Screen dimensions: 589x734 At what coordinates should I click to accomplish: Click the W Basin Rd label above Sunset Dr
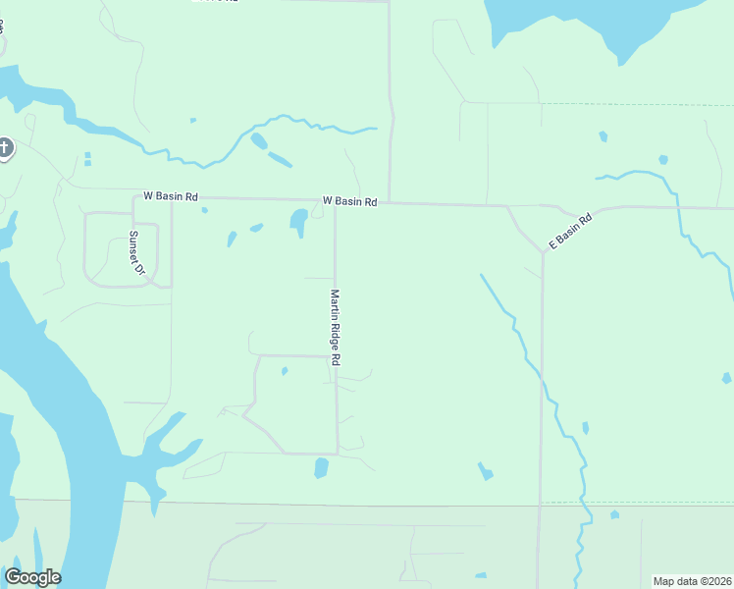[x=170, y=196]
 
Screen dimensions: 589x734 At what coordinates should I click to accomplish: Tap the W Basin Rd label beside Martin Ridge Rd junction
[x=349, y=201]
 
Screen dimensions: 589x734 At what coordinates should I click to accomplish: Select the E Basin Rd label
[x=570, y=231]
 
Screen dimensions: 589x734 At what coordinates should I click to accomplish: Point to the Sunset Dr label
[x=136, y=253]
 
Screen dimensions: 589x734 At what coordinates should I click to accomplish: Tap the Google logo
[x=32, y=577]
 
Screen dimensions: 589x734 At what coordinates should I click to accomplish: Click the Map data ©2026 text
[x=692, y=581]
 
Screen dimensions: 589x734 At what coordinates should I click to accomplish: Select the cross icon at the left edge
[x=5, y=149]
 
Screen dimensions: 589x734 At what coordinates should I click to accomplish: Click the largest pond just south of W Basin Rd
[x=297, y=222]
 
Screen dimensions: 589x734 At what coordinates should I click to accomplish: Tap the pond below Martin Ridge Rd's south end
[x=321, y=468]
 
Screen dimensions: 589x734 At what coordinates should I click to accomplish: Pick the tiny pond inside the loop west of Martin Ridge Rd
[x=285, y=371]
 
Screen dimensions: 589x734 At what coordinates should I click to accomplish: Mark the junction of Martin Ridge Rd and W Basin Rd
[x=336, y=203]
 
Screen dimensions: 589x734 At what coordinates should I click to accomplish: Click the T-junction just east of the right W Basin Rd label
[x=390, y=202]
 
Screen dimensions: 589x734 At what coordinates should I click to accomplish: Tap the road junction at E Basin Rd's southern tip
[x=542, y=251]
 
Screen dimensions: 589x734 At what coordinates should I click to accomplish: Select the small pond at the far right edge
[x=726, y=378]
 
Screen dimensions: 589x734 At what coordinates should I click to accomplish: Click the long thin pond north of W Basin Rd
[x=280, y=158]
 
